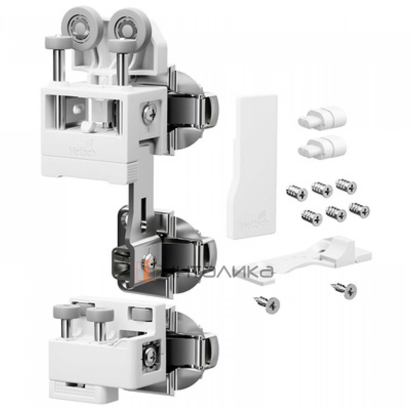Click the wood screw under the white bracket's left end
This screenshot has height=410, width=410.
266,303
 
